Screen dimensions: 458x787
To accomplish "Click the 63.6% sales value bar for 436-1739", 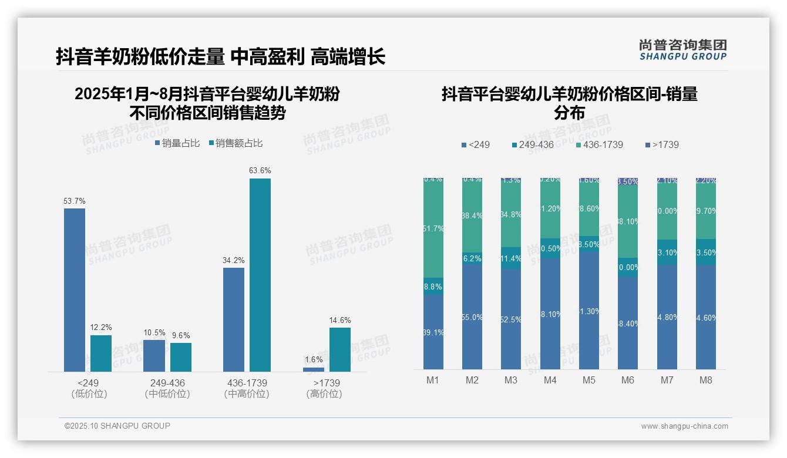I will (260, 275).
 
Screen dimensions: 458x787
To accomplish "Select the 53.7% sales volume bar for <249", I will (75, 290).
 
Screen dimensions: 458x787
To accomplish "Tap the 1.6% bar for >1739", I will (314, 369).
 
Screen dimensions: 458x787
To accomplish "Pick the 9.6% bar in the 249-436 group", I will (181, 357).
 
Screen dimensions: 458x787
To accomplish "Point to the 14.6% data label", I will (340, 321).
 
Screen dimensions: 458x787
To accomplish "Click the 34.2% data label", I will (234, 261).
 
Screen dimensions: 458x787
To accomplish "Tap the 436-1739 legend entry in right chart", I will (598, 144).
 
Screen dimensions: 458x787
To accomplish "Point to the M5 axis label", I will (589, 380).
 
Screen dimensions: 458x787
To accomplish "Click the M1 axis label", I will (433, 380).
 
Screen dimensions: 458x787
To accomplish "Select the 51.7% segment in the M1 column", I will (433, 228).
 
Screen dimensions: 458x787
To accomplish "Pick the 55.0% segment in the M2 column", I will (472, 316).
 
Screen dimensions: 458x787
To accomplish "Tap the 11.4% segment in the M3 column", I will (511, 258).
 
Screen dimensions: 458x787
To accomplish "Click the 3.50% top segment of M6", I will (628, 181).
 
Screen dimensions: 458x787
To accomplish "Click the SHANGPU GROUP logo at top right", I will (683, 50).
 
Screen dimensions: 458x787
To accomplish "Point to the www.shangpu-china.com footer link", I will (684, 426).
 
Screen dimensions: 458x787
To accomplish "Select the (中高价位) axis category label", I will (247, 394).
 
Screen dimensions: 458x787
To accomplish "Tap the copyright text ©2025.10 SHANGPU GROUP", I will (117, 426).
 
